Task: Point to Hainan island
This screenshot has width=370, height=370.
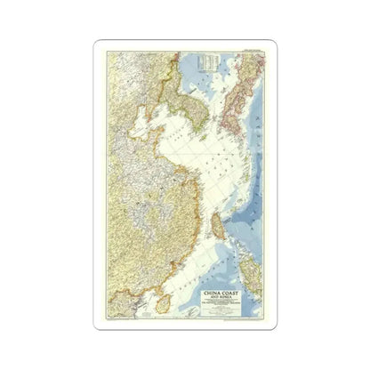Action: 162,303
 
